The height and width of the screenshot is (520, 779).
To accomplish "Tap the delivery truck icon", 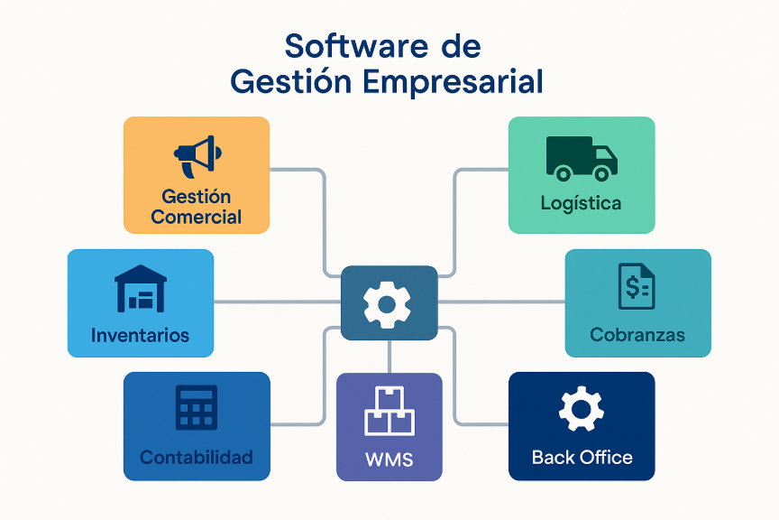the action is [582, 157].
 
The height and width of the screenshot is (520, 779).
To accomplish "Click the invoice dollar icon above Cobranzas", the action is [637, 286].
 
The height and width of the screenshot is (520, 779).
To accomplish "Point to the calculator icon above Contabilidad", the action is [197, 408].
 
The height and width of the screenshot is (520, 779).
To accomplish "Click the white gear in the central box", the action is [388, 303].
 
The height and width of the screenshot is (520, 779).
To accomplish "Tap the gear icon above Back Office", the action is [582, 410].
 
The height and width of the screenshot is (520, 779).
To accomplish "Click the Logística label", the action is [581, 203].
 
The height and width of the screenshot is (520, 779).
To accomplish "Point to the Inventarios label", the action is [141, 335].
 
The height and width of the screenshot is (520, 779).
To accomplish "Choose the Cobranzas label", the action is [637, 335].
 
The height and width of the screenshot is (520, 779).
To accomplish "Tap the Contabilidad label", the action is [197, 457].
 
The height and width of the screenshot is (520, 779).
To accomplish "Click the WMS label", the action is [389, 460].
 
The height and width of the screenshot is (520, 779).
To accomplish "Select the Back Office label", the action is [582, 457].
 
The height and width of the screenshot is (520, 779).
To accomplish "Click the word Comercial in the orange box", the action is [197, 217].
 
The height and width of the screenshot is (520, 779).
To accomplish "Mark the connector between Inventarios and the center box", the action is [277, 302].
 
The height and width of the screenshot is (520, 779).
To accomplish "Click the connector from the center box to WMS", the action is [389, 357].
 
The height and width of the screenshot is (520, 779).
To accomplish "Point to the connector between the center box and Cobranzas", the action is [500, 302].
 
